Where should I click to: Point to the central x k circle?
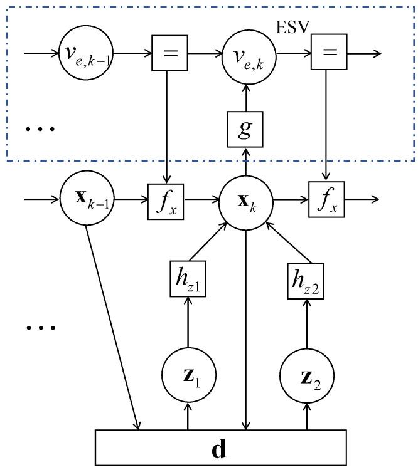point(245,201)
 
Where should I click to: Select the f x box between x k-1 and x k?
point(167,200)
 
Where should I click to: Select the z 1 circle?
point(187,375)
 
